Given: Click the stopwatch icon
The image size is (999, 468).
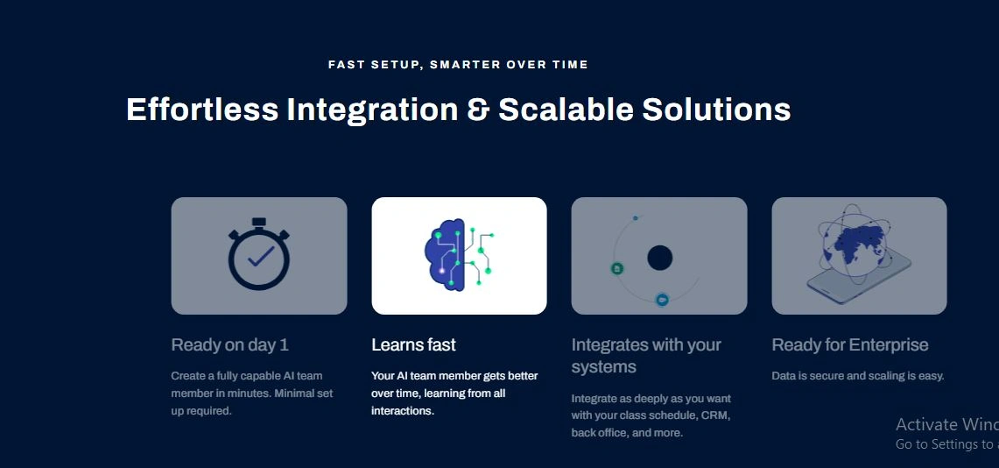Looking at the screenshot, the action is [x=258, y=254].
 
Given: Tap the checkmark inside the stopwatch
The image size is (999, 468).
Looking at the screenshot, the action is [x=261, y=256].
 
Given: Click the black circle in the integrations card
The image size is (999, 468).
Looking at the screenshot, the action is [x=660, y=259].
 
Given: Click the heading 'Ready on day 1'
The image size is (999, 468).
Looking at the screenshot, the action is [x=230, y=345].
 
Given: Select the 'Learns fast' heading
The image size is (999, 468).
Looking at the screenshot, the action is [x=413, y=345].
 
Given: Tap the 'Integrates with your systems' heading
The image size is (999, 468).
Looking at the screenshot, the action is [x=646, y=356].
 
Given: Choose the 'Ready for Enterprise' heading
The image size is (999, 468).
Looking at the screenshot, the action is [x=850, y=345].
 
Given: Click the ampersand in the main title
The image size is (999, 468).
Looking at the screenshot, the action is [x=478, y=110].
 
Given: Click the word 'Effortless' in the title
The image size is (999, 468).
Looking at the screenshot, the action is [x=202, y=109].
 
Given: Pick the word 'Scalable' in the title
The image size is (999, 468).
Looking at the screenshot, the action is [x=566, y=109].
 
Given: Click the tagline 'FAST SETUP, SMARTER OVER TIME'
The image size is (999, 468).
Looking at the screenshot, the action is [x=458, y=64].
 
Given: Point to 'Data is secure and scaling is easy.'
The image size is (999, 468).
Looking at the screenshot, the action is [x=857, y=376].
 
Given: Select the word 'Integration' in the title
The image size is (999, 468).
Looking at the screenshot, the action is [x=372, y=110].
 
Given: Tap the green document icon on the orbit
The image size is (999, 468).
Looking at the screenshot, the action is [x=616, y=268].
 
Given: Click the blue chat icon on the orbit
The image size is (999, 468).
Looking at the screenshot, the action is [x=663, y=300].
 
